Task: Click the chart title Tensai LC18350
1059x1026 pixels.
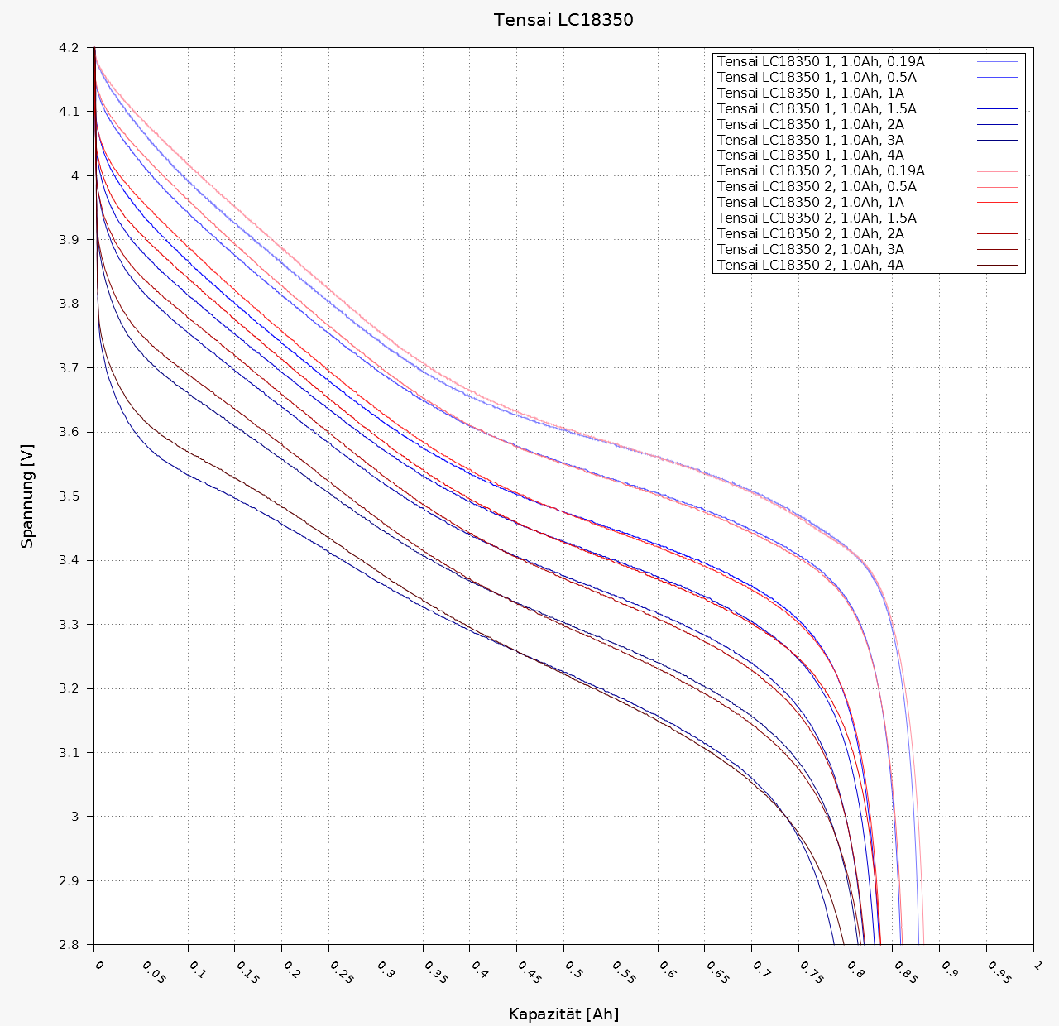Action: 563,20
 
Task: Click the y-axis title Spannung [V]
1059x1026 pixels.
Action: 28,496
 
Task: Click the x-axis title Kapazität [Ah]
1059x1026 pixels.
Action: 563,1014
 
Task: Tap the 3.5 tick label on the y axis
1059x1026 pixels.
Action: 69,496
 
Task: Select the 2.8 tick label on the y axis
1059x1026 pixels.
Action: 69,945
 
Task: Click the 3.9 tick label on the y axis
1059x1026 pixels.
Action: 69,240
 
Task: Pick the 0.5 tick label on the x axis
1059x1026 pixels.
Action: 573,970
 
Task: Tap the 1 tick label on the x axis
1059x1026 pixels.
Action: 1037,966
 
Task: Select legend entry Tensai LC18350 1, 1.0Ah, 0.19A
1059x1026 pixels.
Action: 821,61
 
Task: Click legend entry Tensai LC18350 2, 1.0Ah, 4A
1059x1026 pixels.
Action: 810,266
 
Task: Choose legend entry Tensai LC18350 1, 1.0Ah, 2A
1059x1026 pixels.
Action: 810,124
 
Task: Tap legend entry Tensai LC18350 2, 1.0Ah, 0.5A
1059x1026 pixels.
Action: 817,187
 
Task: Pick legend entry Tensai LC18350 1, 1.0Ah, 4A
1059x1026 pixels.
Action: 810,156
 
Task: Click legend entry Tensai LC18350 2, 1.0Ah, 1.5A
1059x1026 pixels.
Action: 817,218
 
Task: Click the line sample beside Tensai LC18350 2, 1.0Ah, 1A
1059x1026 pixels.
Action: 997,203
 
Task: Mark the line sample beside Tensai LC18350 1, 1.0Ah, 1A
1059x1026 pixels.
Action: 997,93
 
